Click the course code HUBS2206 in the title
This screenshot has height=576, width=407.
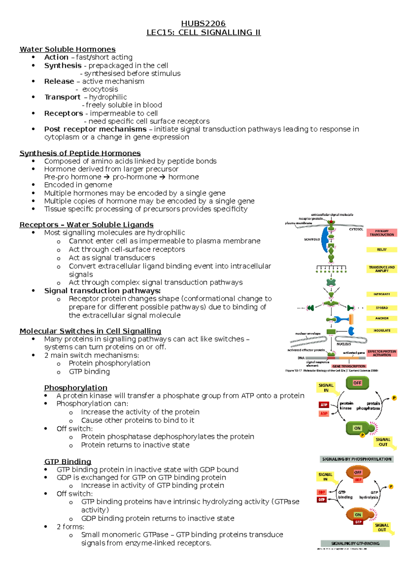point(203,23)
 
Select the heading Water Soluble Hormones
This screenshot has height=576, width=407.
point(67,49)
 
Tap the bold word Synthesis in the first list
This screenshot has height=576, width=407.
point(63,65)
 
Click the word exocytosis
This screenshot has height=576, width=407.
point(100,89)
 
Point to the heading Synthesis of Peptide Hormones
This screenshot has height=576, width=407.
point(80,153)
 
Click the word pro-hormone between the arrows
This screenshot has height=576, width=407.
point(135,177)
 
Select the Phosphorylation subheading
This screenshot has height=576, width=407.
point(76,387)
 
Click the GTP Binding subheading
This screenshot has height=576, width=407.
point(68,461)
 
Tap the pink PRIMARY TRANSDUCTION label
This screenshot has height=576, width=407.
point(382,233)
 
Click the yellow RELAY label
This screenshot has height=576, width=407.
point(382,249)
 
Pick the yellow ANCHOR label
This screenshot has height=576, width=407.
point(382,318)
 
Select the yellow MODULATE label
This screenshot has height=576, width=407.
point(382,330)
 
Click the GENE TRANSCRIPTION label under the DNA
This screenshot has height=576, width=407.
point(349,366)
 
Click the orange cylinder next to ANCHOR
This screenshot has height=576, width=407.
point(351,319)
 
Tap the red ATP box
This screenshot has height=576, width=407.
point(324,405)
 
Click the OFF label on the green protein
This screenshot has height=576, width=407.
point(357,383)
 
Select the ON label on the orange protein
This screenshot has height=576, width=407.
point(358,515)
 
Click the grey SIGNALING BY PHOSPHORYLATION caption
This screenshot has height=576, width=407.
point(356,459)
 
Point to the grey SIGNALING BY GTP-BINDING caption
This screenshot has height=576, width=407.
point(355,543)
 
